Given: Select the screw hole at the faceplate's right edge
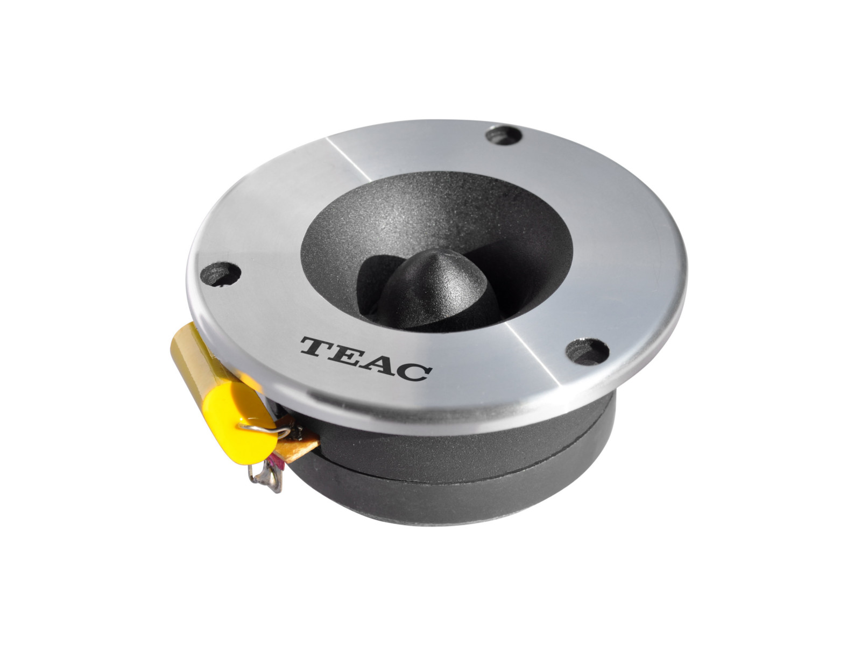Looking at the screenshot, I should pos(584,349).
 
